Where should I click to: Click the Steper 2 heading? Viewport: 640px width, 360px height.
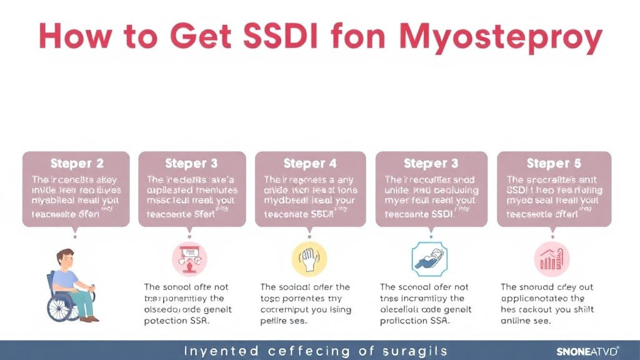(77, 164)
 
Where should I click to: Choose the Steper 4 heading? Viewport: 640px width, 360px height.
(310, 164)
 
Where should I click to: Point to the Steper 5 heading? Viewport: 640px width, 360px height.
(554, 164)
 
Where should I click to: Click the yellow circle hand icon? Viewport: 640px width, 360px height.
(309, 259)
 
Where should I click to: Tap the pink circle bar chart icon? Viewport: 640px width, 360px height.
(552, 259)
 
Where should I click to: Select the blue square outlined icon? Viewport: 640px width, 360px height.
(430, 259)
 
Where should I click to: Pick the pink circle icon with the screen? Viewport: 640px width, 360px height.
(189, 259)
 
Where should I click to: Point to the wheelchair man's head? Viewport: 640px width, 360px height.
(65, 259)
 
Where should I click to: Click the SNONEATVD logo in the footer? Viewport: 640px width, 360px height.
(579, 351)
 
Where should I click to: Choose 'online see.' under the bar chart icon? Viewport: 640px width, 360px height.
(526, 321)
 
